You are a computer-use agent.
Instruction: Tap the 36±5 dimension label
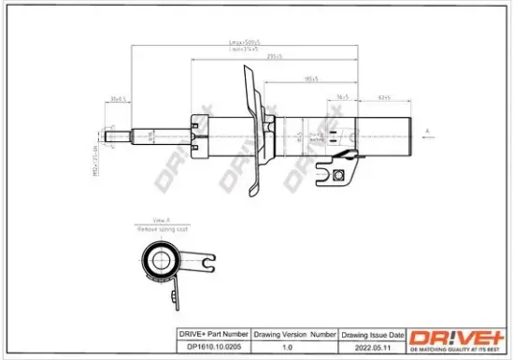tap(342, 95)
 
